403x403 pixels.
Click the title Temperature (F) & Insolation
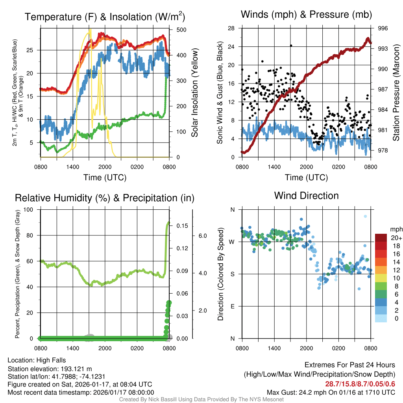tap(105, 17)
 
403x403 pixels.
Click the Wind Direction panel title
tap(306, 196)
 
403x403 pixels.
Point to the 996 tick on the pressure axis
tap(383, 28)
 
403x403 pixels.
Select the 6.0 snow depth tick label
tap(202, 236)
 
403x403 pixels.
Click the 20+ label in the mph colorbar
tap(396, 238)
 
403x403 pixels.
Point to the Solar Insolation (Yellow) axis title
tap(195, 92)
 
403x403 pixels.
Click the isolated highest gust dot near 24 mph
tap(291, 46)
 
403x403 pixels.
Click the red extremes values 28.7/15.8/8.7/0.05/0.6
tap(360, 384)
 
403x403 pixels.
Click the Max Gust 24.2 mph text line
tap(331, 392)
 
